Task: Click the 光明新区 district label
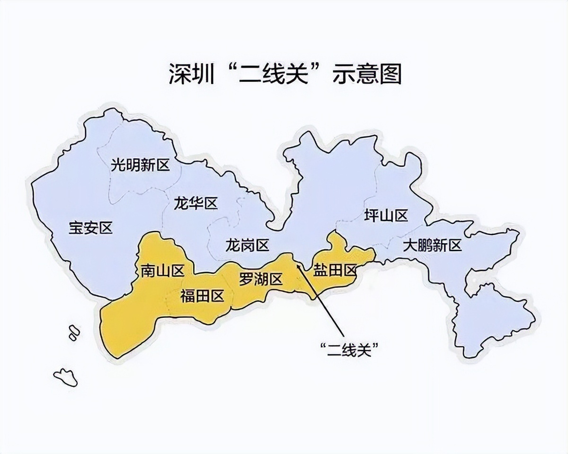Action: click(x=140, y=166)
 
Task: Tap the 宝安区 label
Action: click(x=91, y=228)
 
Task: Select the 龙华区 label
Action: click(x=195, y=204)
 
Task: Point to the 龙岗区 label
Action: click(x=247, y=245)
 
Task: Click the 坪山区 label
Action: click(x=386, y=216)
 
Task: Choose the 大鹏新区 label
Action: click(x=432, y=245)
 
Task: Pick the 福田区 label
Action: click(x=202, y=297)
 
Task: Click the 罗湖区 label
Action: click(x=260, y=279)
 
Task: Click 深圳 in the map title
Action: click(x=189, y=74)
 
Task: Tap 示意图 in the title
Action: click(x=366, y=74)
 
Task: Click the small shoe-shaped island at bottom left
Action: click(x=65, y=377)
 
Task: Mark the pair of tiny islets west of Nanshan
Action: click(x=73, y=331)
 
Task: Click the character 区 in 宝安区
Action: click(x=106, y=228)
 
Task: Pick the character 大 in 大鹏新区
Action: click(x=410, y=245)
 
